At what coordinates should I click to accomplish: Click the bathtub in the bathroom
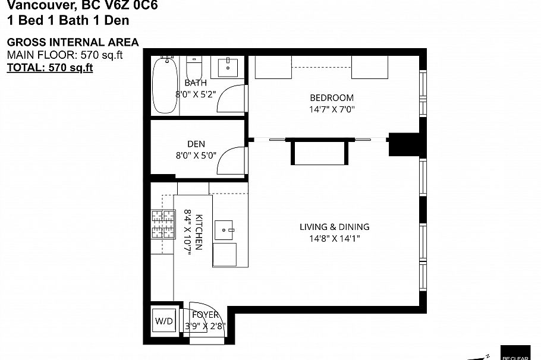(x=165, y=86)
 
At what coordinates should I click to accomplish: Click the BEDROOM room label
(x=331, y=97)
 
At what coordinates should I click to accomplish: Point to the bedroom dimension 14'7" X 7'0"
(x=331, y=109)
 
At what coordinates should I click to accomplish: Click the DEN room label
(x=196, y=144)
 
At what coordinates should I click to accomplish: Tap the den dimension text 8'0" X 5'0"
(x=196, y=156)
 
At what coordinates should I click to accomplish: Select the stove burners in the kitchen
(x=162, y=224)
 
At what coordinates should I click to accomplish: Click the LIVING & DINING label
(x=334, y=226)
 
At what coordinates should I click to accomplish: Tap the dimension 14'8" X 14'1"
(x=334, y=238)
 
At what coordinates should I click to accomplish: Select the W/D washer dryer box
(x=163, y=321)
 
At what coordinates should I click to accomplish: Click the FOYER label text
(x=205, y=315)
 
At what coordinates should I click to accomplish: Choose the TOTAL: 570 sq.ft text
(x=50, y=67)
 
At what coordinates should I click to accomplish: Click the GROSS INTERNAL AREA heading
(x=73, y=42)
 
